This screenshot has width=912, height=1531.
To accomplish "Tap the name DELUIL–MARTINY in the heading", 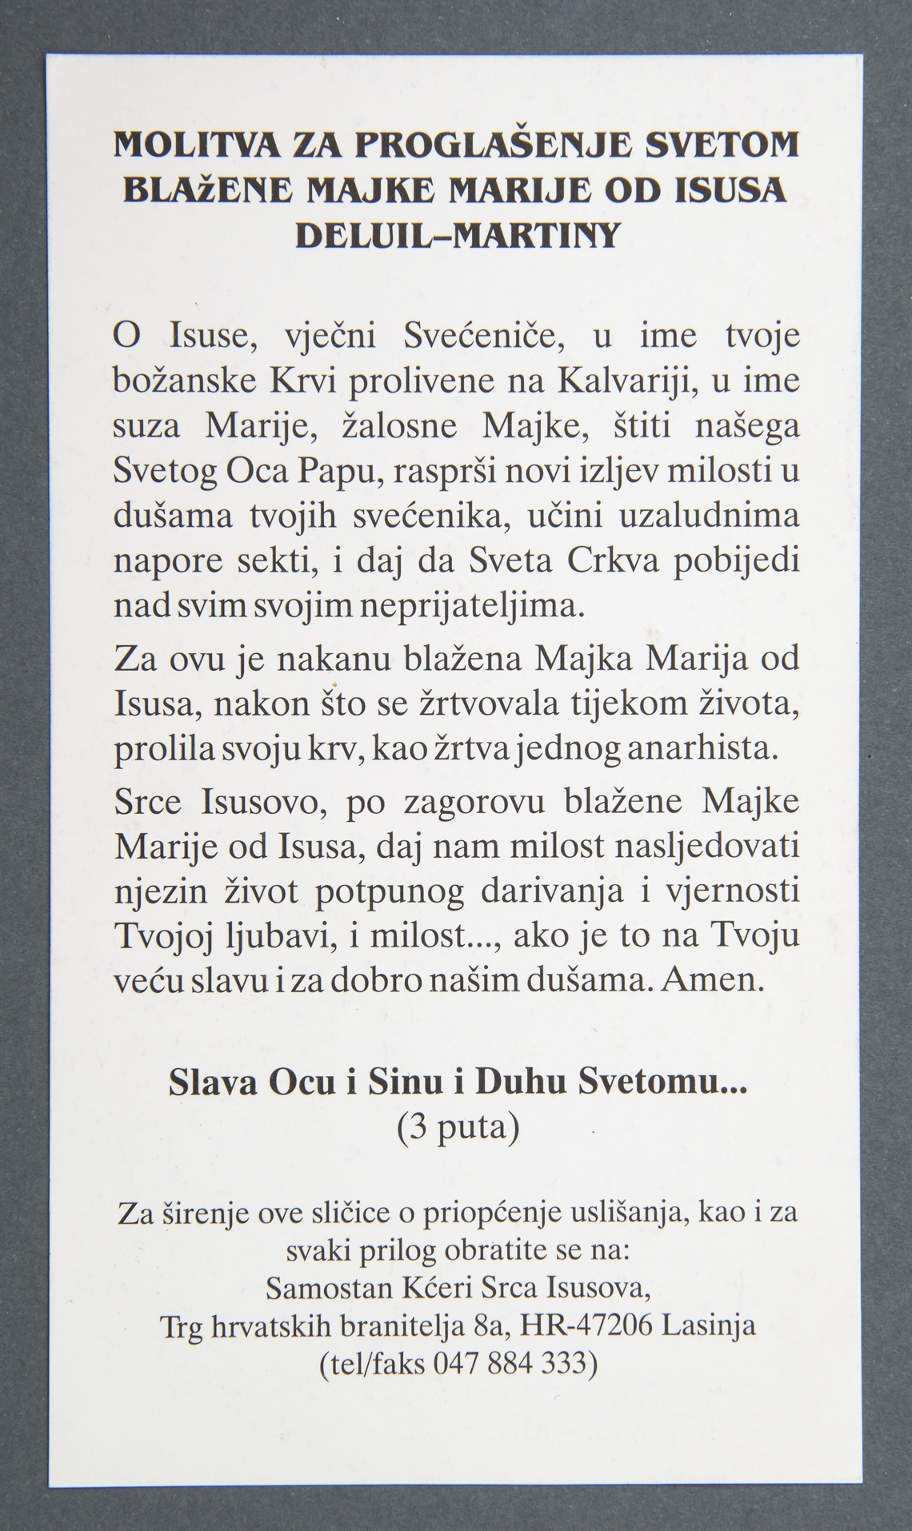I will pyautogui.click(x=457, y=235).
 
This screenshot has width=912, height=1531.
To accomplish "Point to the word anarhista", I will pyautogui.click(x=702, y=750).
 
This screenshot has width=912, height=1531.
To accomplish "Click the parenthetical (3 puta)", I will pyautogui.click(x=458, y=1127).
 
